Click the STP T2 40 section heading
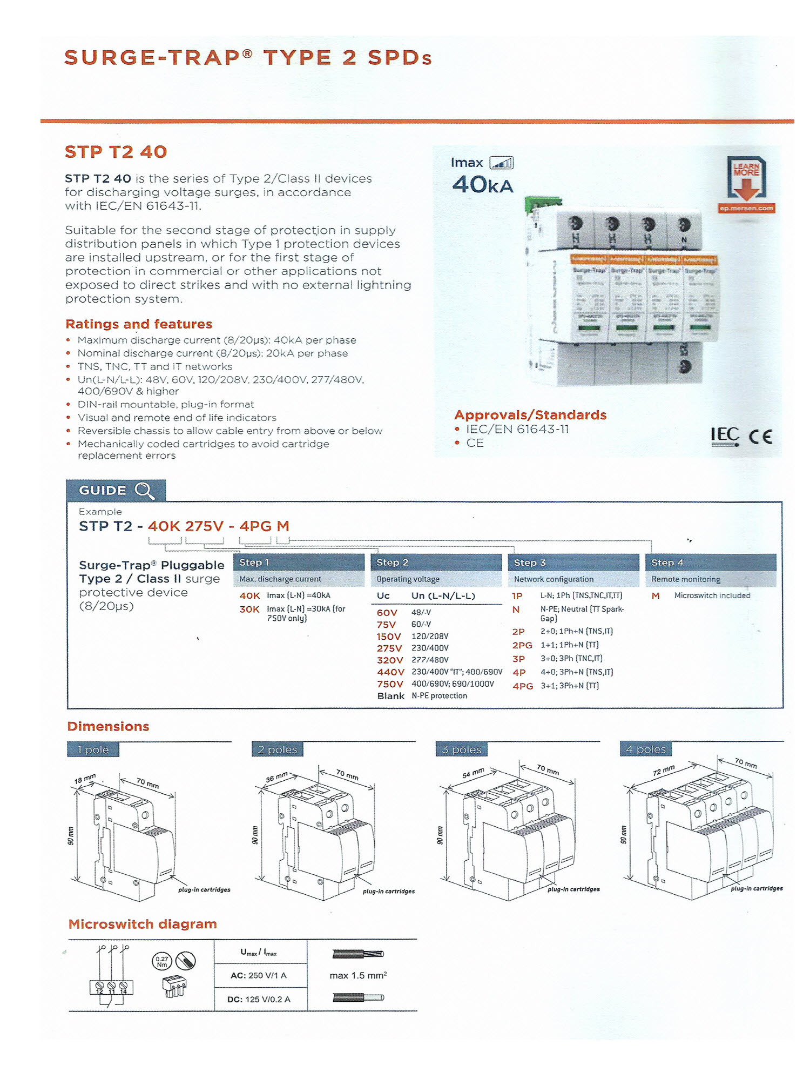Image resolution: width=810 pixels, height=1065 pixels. (x=116, y=152)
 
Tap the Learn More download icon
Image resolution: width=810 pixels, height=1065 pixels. (x=746, y=180)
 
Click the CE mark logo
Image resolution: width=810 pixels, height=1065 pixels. (x=760, y=436)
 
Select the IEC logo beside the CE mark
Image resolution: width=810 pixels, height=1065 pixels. (x=725, y=436)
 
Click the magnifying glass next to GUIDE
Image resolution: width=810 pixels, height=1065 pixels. (x=144, y=491)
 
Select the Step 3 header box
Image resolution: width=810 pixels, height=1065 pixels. (x=573, y=562)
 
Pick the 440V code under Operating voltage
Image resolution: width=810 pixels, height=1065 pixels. (x=390, y=672)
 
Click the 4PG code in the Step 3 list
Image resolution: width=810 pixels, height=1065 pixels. (x=523, y=686)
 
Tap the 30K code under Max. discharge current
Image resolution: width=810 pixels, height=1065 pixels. (x=249, y=609)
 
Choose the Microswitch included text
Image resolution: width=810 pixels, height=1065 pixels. (x=712, y=595)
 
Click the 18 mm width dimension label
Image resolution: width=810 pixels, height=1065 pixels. (x=85, y=779)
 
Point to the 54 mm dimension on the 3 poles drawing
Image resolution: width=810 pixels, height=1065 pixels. (x=473, y=773)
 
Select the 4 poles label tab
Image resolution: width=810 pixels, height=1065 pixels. (x=646, y=749)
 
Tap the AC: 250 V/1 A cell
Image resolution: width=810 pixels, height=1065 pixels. (x=260, y=975)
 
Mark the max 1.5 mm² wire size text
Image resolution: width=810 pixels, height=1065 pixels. (x=358, y=975)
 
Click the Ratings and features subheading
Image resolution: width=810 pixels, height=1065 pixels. (x=139, y=324)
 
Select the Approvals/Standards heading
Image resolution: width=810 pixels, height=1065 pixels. (x=530, y=415)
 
